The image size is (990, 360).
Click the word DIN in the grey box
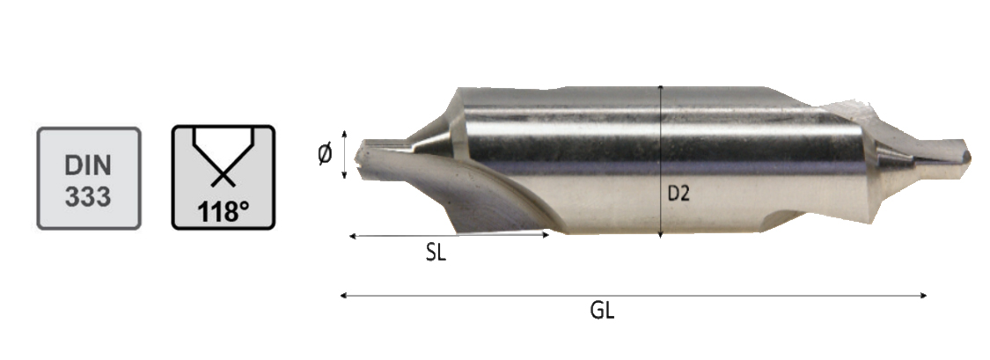click(x=88, y=165)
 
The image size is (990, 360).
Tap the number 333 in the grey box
click(x=88, y=197)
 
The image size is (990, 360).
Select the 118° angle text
click(x=223, y=211)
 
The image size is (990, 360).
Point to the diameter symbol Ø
click(x=325, y=154)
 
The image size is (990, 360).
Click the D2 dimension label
click(x=678, y=194)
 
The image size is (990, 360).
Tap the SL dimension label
click(x=435, y=253)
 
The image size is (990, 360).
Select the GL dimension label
click(x=602, y=311)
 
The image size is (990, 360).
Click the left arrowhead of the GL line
click(x=342, y=295)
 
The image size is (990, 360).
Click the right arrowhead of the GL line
click(x=924, y=295)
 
